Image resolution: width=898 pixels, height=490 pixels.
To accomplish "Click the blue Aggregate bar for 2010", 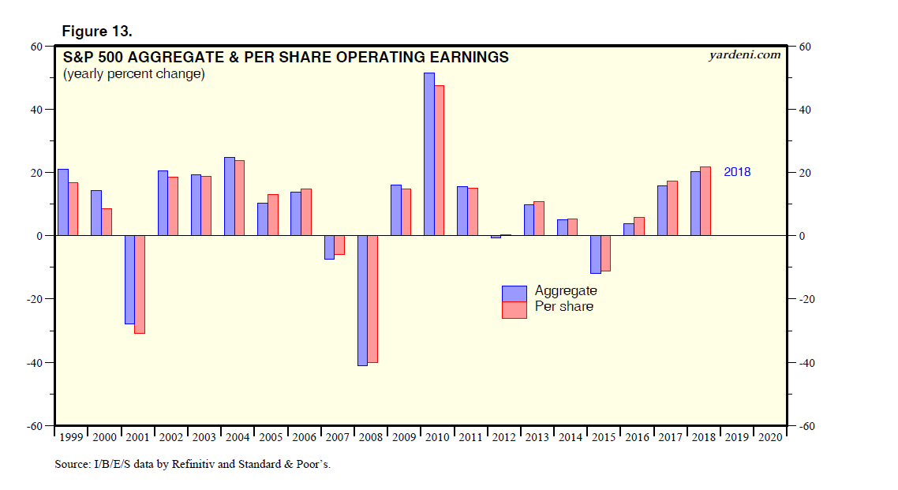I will (429, 154).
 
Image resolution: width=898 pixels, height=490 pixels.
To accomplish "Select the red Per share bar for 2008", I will (372, 299).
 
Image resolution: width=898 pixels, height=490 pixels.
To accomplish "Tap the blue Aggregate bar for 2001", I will (129, 279).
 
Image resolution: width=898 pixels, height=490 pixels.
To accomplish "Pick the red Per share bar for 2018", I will (705, 201).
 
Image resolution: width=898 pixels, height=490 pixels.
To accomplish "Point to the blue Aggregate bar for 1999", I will (63, 202).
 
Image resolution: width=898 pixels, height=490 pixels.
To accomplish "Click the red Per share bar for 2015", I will (606, 253).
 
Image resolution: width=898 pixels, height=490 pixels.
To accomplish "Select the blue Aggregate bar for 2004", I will (230, 196).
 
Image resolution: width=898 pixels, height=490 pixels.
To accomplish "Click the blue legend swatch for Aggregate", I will (514, 293).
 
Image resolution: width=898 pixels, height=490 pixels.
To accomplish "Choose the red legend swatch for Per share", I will (514, 309).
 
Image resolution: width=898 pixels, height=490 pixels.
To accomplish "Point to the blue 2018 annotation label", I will (737, 172).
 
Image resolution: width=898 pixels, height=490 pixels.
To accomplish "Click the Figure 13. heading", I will (97, 32).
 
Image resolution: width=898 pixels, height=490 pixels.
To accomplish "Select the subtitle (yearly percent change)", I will (134, 74).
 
